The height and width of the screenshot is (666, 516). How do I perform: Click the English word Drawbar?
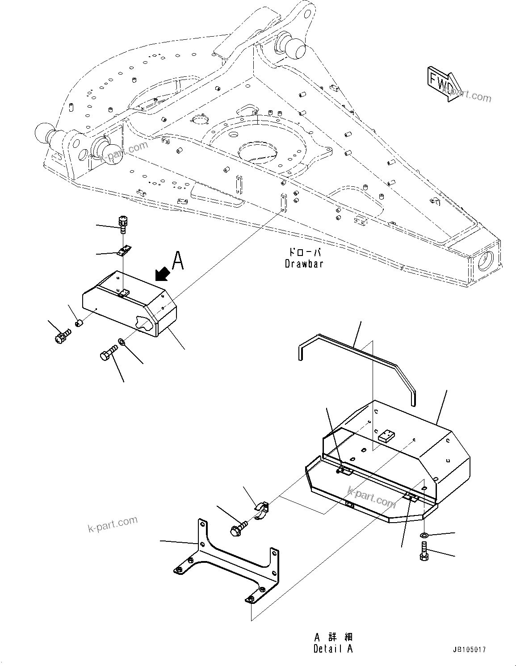pos(304,264)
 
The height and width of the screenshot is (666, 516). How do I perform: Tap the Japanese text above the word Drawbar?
pos(304,252)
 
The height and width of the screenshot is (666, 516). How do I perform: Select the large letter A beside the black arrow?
pos(178,261)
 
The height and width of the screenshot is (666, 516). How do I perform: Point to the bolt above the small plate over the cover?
pos(122,224)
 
